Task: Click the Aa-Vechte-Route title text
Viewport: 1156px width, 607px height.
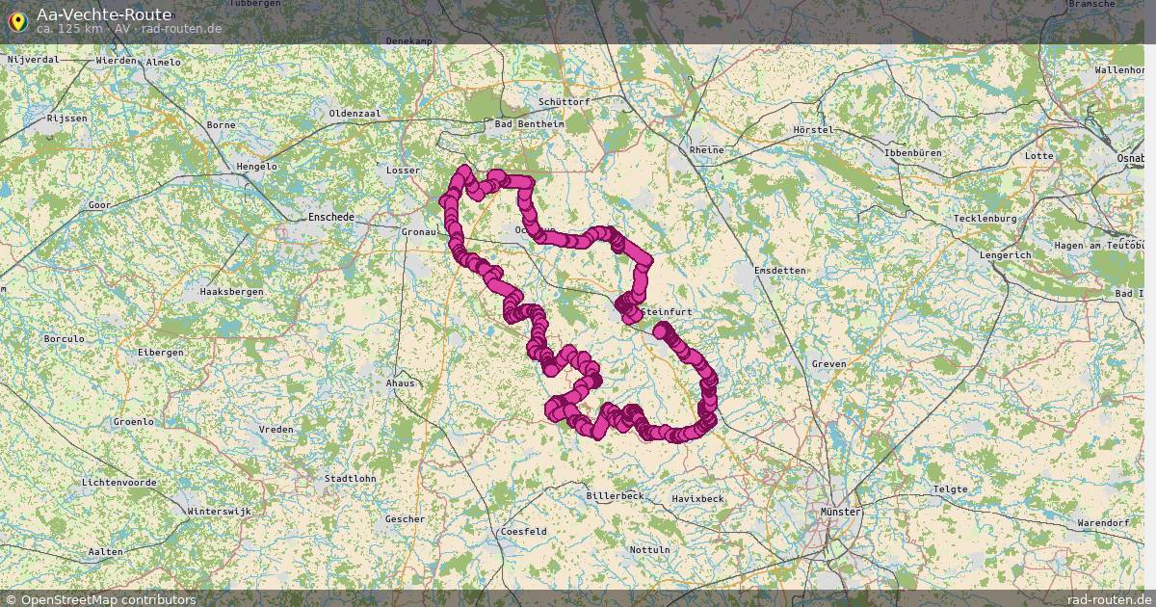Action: click(104, 14)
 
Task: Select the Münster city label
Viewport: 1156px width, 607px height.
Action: click(840, 512)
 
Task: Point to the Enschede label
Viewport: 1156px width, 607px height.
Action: click(330, 218)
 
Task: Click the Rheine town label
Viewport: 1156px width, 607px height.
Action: click(706, 150)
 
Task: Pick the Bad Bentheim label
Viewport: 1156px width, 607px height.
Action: click(528, 124)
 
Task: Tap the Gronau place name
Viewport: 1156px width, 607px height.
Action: click(419, 232)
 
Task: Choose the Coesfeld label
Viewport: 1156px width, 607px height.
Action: click(523, 532)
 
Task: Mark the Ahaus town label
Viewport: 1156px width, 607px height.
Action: click(400, 383)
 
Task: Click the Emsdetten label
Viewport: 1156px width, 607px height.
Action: click(780, 271)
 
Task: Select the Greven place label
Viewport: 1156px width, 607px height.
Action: click(828, 364)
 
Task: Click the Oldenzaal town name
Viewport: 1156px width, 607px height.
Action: click(355, 114)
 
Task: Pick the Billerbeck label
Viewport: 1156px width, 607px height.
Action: click(614, 496)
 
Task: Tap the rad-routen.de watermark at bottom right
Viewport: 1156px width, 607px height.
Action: click(1110, 599)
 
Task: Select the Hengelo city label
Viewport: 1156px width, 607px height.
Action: click(256, 167)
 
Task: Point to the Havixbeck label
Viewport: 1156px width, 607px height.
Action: click(697, 499)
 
